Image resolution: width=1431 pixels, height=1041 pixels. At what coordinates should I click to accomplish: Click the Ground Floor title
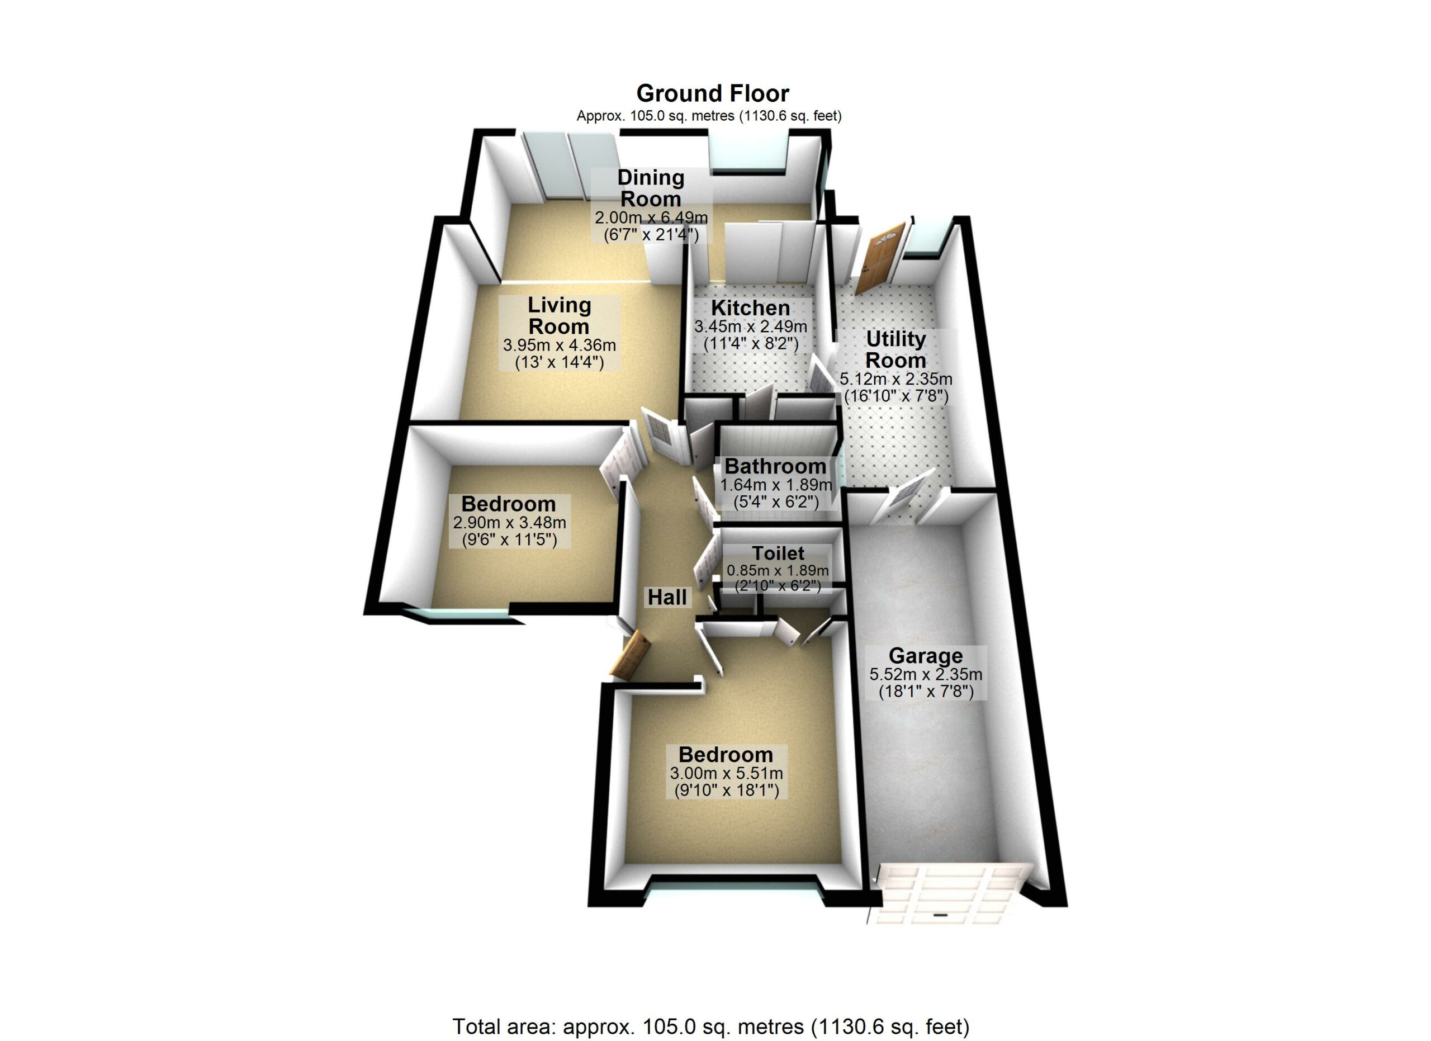click(712, 93)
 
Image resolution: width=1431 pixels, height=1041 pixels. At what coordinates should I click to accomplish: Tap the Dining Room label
click(651, 188)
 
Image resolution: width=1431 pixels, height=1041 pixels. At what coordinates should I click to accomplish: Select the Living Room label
click(559, 315)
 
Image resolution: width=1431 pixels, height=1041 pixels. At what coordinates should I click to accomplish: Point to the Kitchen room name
click(750, 308)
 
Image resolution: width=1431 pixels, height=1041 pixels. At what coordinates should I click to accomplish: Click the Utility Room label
click(896, 349)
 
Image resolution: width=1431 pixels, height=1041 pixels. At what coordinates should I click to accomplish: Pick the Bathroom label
click(775, 466)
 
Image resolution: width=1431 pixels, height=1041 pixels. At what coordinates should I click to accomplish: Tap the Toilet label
click(778, 553)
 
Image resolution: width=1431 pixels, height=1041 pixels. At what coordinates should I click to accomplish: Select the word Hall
click(667, 597)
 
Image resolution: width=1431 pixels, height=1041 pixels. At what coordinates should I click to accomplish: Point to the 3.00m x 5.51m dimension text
click(726, 773)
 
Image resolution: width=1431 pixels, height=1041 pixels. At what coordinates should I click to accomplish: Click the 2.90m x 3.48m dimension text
click(509, 522)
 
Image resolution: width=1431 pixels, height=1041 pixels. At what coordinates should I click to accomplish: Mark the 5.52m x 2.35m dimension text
click(926, 674)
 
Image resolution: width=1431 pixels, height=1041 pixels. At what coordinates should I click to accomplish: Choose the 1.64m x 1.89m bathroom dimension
click(776, 485)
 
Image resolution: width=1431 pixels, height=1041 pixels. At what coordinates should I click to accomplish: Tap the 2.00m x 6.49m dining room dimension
click(651, 217)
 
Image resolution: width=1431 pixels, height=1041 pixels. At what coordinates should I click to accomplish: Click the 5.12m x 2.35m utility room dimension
click(896, 379)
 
